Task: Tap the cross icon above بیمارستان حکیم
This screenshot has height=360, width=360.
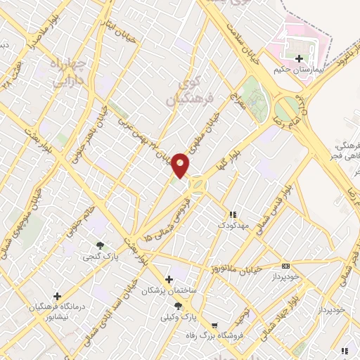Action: click(300, 58)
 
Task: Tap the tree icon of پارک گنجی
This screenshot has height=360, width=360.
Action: click(100, 245)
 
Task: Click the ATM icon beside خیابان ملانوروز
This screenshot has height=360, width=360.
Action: click(285, 266)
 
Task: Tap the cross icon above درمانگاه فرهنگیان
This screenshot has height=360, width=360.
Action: click(57, 296)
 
